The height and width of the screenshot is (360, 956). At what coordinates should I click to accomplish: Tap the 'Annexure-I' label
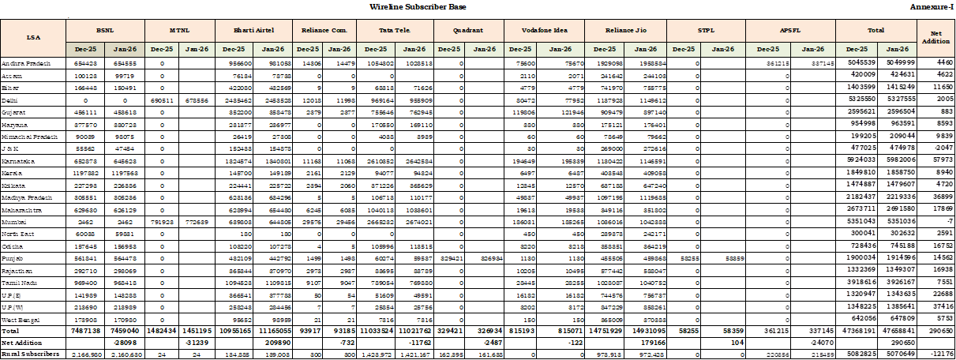pyautogui.click(x=931, y=6)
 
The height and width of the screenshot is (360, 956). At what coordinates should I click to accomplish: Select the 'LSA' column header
pyautogui.click(x=33, y=36)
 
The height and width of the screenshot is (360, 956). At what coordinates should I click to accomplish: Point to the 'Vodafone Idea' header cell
pyautogui.click(x=542, y=29)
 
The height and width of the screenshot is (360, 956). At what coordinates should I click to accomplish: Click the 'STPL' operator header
pyautogui.click(x=707, y=29)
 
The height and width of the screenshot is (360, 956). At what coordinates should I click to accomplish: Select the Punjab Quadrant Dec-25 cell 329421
pyautogui.click(x=451, y=257)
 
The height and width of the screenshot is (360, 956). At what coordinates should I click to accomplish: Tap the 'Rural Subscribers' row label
pyautogui.click(x=30, y=354)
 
